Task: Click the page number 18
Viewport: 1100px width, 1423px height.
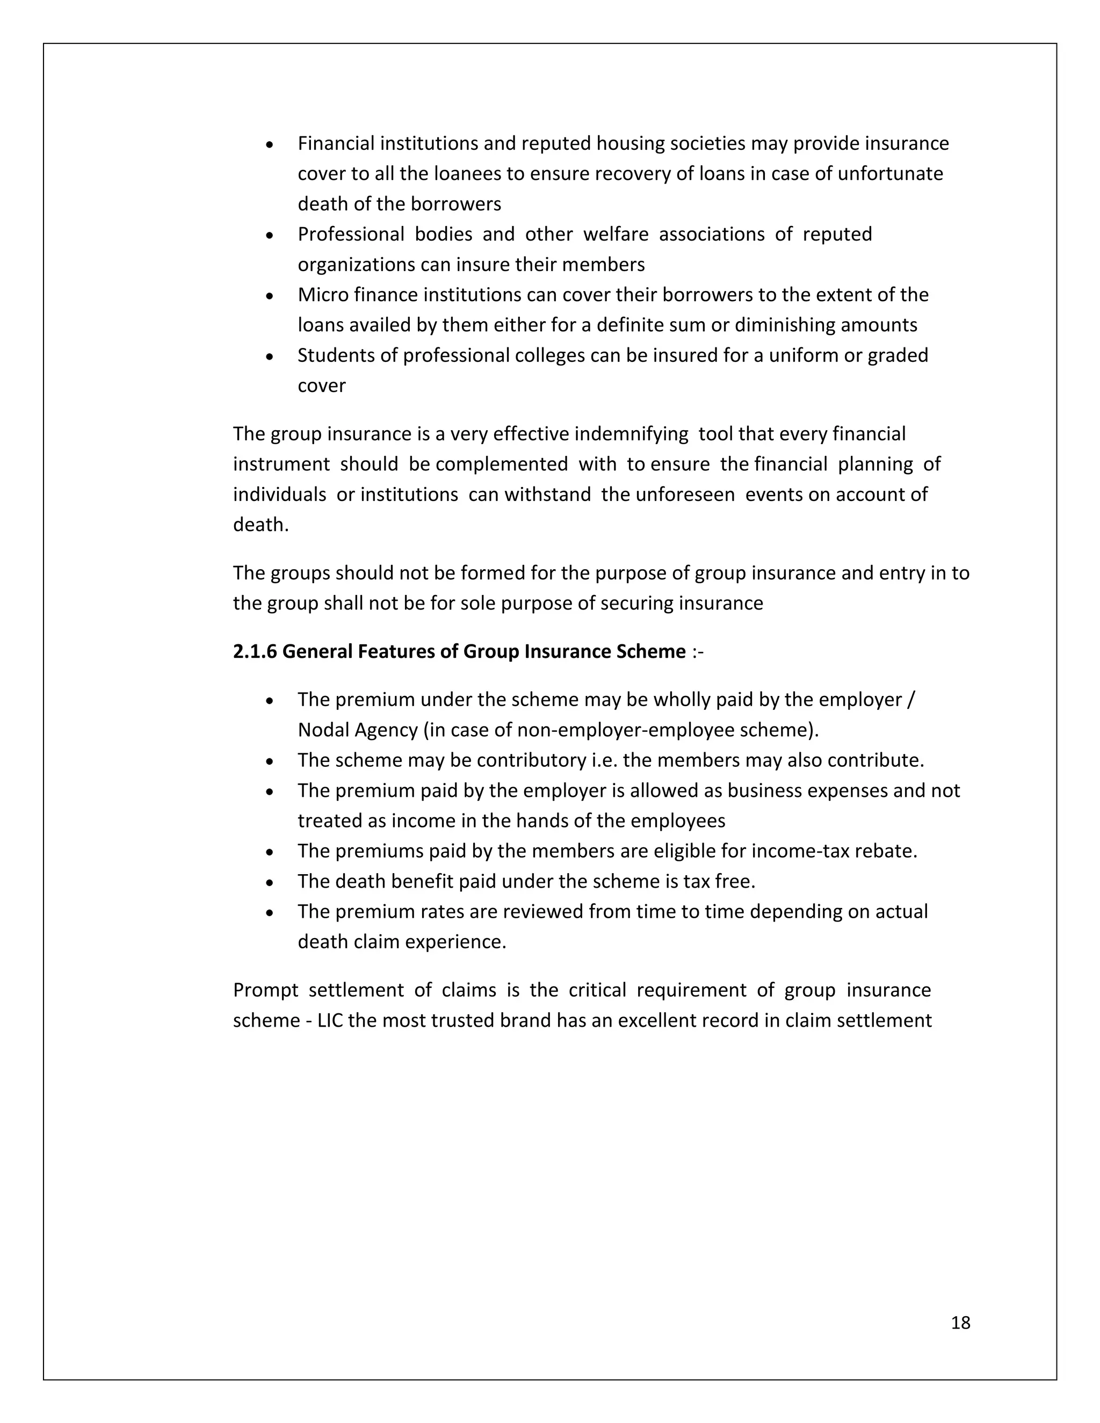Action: (x=960, y=1323)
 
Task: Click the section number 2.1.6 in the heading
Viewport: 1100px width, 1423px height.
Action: (x=255, y=651)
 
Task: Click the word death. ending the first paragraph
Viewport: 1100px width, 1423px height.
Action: (x=260, y=525)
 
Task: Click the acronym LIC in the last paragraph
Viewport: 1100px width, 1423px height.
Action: (x=330, y=1020)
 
